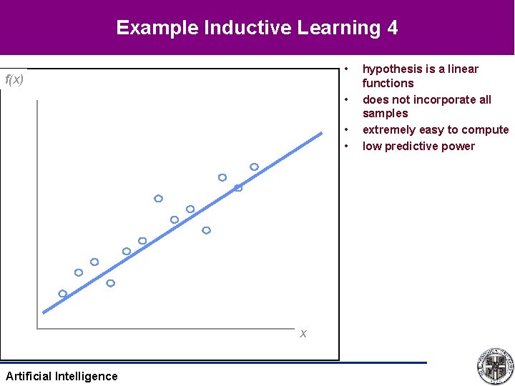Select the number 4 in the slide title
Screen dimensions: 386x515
391,28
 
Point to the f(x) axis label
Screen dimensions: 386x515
14,79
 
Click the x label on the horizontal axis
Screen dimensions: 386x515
303,333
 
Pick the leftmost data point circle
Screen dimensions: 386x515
63,294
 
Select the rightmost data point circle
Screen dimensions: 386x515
254,167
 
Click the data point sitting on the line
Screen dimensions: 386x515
238,188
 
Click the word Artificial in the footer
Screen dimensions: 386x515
28,376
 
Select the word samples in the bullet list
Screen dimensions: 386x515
385,113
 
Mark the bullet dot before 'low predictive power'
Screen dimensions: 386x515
345,147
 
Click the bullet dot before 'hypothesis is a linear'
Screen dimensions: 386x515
345,69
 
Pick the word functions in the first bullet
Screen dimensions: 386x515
388,83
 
